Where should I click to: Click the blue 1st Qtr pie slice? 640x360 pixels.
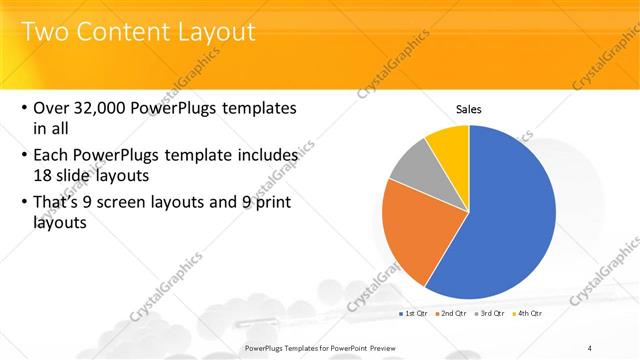510,215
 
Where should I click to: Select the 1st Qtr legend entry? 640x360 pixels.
414,314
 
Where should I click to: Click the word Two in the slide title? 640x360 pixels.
44,32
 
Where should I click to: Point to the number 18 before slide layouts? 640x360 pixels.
44,174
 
